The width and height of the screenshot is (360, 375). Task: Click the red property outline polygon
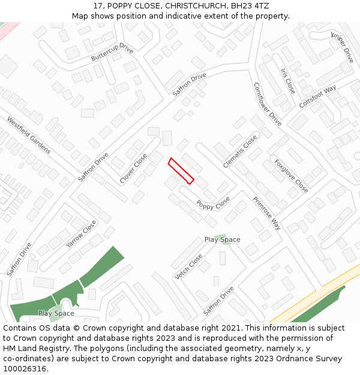181,171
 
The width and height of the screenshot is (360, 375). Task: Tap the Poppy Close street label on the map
213,204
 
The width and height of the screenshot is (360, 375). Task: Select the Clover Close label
133,169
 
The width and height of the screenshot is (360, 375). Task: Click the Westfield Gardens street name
29,135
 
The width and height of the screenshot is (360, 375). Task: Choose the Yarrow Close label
81,235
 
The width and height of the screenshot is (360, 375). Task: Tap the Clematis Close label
240,151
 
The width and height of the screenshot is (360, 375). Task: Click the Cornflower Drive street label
267,104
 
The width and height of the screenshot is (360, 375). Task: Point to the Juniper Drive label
343,47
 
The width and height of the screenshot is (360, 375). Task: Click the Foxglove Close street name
292,176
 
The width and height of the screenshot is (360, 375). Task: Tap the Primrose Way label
266,213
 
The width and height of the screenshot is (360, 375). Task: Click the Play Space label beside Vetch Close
222,239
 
